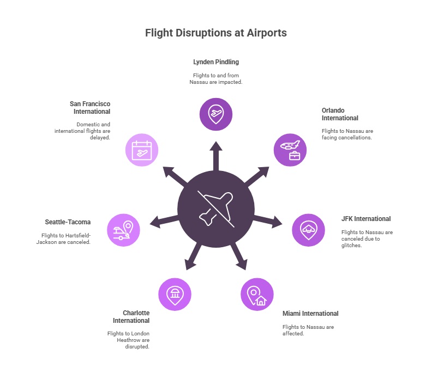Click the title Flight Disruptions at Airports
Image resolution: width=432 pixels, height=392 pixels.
click(x=215, y=33)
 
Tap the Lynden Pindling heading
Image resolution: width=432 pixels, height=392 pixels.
click(x=216, y=62)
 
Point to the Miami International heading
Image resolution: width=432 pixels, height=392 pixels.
click(x=310, y=314)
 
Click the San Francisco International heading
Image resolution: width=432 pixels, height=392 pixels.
click(x=90, y=107)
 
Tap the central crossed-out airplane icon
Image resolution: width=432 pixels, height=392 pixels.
click(x=215, y=209)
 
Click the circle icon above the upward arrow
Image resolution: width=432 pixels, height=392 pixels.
click(x=216, y=114)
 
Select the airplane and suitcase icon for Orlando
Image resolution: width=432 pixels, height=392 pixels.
click(x=290, y=150)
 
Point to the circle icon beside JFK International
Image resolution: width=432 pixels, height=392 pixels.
click(x=309, y=230)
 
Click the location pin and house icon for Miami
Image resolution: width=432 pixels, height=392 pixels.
click(x=257, y=295)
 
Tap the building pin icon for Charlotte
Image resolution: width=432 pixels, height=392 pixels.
click(x=175, y=295)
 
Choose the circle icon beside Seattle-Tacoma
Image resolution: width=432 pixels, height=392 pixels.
click(x=123, y=230)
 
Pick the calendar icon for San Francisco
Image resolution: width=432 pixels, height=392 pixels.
click(x=142, y=150)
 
